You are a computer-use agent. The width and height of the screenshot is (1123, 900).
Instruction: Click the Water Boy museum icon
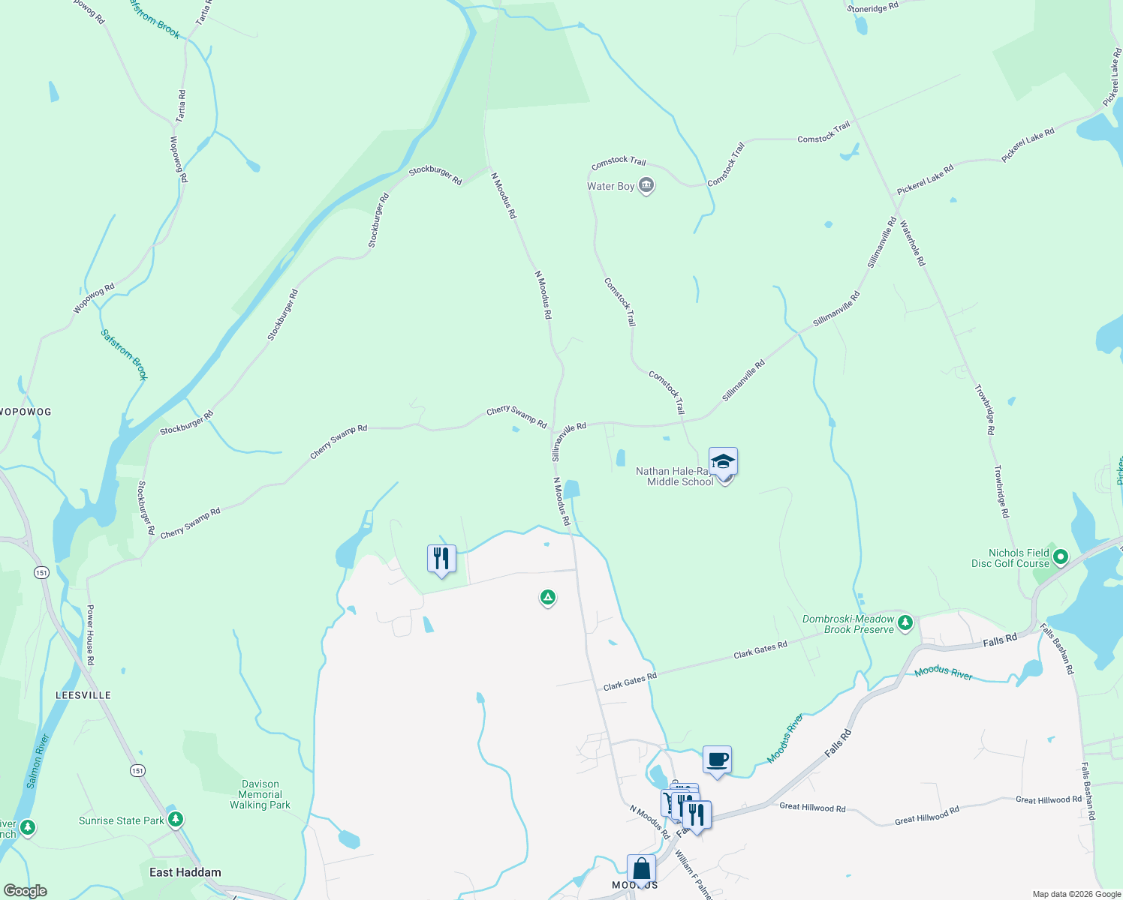(x=646, y=186)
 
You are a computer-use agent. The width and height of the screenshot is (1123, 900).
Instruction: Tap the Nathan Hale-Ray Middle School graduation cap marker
(x=723, y=461)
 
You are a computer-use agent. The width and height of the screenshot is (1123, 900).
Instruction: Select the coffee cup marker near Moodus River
(x=717, y=759)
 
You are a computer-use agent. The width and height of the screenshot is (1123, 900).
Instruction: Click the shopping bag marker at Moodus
(x=641, y=868)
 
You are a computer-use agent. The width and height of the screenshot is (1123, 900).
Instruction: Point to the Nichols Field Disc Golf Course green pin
(x=1060, y=557)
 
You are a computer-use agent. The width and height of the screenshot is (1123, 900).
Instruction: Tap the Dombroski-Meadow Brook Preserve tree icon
(x=905, y=622)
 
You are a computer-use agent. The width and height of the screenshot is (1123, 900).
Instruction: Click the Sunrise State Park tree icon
(x=175, y=820)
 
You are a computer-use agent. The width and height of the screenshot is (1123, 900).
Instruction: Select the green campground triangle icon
(x=548, y=598)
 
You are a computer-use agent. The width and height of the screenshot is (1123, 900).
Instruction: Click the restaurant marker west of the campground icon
(x=441, y=559)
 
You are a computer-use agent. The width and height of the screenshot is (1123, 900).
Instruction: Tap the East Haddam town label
(x=185, y=872)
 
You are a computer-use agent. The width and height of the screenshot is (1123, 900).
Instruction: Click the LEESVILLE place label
(x=83, y=695)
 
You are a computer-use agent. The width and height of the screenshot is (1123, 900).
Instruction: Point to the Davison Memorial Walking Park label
(x=260, y=794)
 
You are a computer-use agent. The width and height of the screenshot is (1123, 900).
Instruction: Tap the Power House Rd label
(x=90, y=634)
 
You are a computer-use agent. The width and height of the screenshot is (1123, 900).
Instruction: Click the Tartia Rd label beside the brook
(x=181, y=106)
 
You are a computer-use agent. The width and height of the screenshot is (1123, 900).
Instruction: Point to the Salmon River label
(x=37, y=760)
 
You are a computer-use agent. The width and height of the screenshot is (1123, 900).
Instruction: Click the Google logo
(x=25, y=891)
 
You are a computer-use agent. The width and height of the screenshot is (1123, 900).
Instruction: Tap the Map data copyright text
(x=1076, y=894)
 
